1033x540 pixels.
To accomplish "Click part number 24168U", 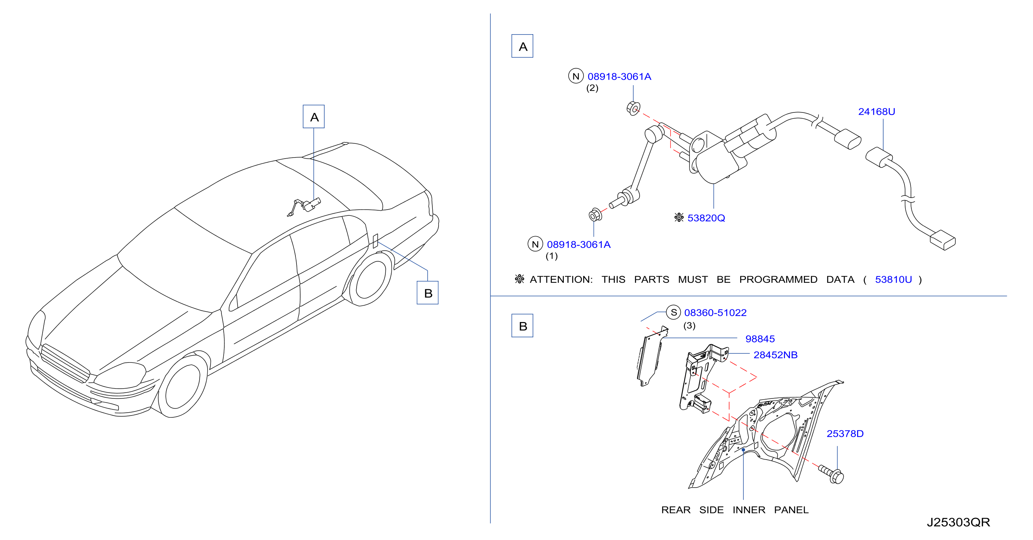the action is click(876, 112).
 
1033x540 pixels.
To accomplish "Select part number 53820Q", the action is click(706, 218).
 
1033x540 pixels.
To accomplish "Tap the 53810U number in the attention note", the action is click(893, 279).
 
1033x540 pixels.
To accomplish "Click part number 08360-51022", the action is click(715, 313).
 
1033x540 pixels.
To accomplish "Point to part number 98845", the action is click(759, 339).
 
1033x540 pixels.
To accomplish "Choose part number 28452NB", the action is click(775, 355).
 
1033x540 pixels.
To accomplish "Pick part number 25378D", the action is click(845, 433).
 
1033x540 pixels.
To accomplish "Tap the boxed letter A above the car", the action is click(314, 116).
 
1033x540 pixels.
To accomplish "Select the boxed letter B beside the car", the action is click(428, 293).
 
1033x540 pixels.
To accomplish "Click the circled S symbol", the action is click(673, 313).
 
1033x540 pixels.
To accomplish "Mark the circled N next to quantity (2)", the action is click(576, 76).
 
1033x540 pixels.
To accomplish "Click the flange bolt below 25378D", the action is click(832, 474).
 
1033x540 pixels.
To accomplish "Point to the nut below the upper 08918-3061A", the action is click(633, 108).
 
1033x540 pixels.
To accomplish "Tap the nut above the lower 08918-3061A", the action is click(595, 215).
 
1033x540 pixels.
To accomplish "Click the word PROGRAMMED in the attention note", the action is click(778, 279).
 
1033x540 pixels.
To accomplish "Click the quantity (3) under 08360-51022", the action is click(690, 326).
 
